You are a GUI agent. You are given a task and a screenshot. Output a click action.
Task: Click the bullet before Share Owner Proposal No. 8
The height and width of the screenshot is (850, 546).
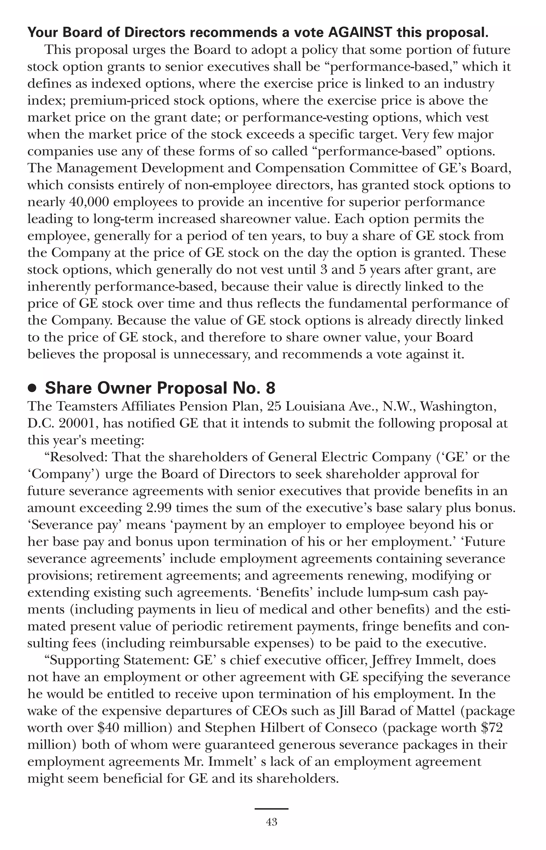(x=32, y=389)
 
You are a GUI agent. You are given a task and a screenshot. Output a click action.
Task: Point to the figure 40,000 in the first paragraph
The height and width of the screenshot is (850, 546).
(x=89, y=202)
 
